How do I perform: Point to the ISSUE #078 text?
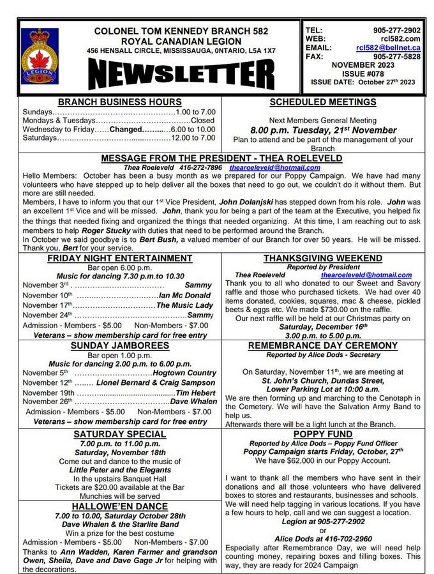tap(363, 73)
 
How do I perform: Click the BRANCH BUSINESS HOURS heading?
tap(119, 102)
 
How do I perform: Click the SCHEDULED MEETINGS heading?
tap(323, 102)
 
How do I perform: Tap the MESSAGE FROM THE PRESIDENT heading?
tap(221, 158)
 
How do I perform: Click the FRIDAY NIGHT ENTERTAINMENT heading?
tap(119, 258)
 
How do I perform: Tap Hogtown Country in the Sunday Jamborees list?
tap(184, 373)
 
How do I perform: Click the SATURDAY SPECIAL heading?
tap(119, 434)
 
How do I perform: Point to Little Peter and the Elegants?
tap(119, 469)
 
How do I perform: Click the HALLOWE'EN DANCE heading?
tap(119, 506)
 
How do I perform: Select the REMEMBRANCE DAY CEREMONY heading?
tap(322, 345)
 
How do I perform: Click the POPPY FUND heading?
tap(323, 434)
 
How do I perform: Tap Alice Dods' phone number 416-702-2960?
tap(323, 539)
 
